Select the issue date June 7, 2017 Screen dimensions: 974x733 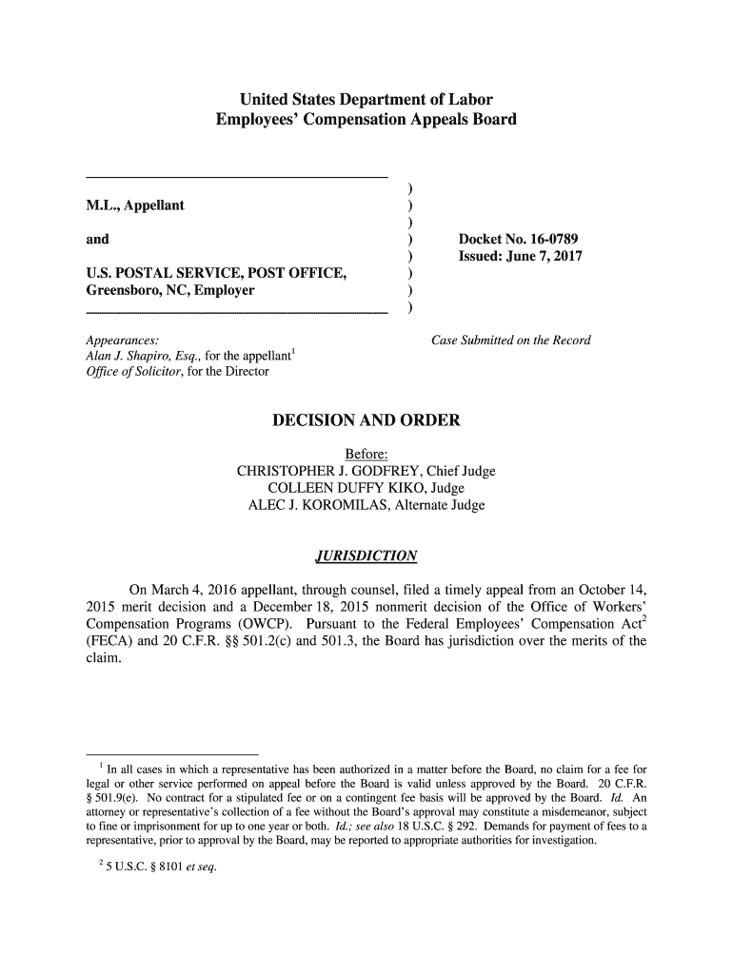(520, 257)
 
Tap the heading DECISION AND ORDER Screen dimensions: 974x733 (366, 420)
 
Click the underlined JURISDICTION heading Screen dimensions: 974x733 (366, 555)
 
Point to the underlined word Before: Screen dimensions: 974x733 (366, 454)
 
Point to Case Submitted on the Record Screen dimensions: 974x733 (511, 341)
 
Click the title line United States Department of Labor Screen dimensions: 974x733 (366, 100)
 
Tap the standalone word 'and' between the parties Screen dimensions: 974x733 (97, 239)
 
